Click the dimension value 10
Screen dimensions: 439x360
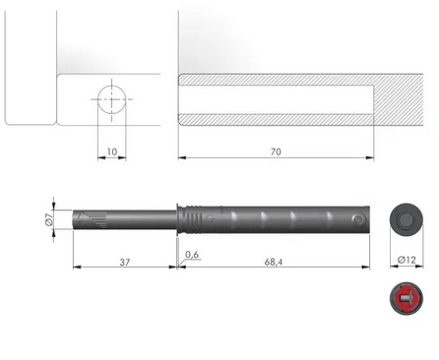[112, 151]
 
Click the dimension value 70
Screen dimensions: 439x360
[276, 151]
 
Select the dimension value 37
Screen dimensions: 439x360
[125, 263]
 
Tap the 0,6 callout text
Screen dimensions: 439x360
[192, 255]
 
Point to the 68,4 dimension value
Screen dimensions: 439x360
[274, 263]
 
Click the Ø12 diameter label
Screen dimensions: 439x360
[407, 260]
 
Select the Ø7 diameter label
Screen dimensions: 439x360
[49, 219]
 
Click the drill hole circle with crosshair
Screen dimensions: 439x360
[112, 99]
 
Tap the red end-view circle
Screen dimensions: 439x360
[407, 298]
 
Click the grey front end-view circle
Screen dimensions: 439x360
[407, 219]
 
